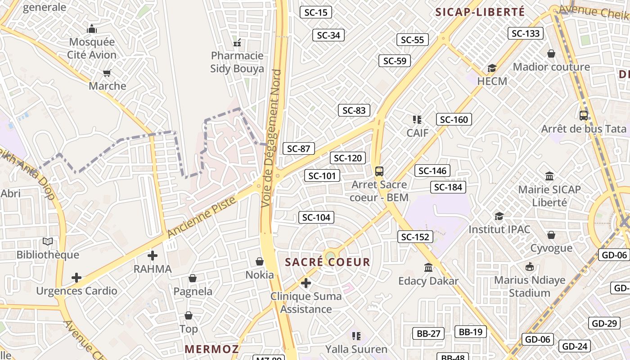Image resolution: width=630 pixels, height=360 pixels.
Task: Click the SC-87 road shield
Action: (x=298, y=148)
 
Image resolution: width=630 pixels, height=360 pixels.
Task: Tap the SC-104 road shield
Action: (x=316, y=217)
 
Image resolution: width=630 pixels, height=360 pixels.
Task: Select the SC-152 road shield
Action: (x=415, y=237)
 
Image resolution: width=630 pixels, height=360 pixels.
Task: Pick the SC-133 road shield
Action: (x=526, y=33)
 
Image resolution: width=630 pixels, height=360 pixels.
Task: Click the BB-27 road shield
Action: (x=428, y=333)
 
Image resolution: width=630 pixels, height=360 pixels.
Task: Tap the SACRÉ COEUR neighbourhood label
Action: (x=328, y=262)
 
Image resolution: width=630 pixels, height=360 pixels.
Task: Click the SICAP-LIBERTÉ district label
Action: (x=480, y=12)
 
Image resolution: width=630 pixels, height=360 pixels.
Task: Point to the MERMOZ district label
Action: (x=211, y=349)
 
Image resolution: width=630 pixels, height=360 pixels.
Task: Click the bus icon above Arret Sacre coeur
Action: (x=379, y=171)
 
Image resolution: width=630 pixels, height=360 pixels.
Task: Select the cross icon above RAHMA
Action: (x=153, y=256)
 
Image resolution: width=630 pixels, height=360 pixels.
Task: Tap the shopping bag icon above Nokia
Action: (x=260, y=261)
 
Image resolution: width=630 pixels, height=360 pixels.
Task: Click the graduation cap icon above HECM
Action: (x=492, y=68)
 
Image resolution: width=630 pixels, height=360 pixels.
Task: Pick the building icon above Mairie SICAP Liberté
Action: (x=549, y=176)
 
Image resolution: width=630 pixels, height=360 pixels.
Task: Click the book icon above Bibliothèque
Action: (x=48, y=242)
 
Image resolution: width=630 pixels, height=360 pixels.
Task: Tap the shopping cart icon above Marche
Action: (x=107, y=73)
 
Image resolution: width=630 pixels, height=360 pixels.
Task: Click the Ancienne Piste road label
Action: (x=202, y=217)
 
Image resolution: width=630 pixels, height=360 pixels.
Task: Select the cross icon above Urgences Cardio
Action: (x=76, y=278)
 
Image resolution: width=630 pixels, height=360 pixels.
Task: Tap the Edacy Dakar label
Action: (x=428, y=281)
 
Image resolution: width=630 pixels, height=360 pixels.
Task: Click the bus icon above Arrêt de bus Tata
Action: (x=584, y=116)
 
